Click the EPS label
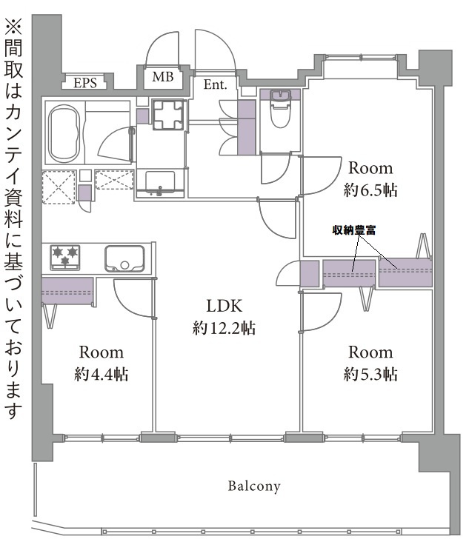tap(85, 83)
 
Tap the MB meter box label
tap(163, 77)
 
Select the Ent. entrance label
tap(215, 84)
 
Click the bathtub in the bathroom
tap(64, 134)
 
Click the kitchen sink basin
tap(124, 258)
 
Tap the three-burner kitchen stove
tap(65, 257)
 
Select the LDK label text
tap(224, 306)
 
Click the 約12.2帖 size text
tap(224, 328)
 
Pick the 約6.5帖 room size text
tap(370, 190)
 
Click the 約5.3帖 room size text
tap(370, 375)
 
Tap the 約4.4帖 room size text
tap(102, 375)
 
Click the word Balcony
tap(254, 486)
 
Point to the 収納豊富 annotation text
tap(354, 230)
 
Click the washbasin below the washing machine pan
tap(160, 184)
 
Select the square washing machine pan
tap(168, 115)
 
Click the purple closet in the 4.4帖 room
tap(67, 291)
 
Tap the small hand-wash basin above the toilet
tap(281, 96)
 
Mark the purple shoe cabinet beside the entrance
tap(247, 127)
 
